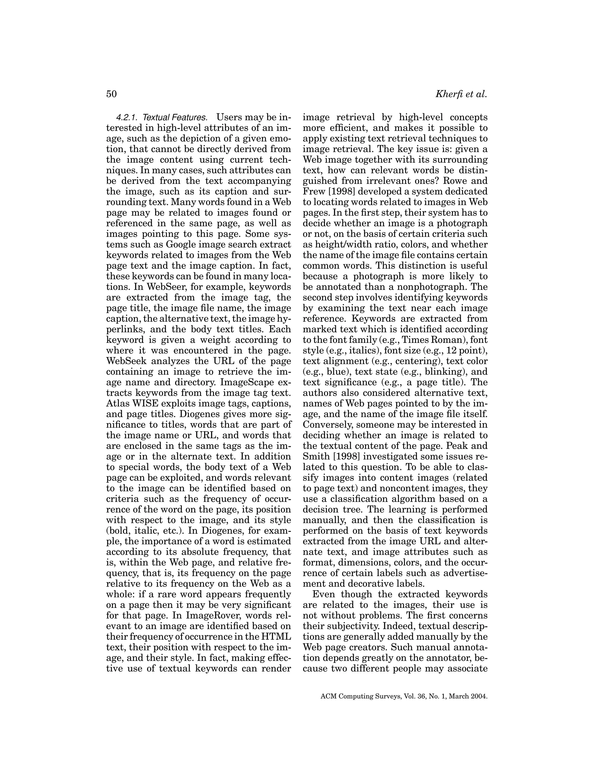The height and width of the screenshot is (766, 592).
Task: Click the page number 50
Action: click(x=111, y=94)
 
